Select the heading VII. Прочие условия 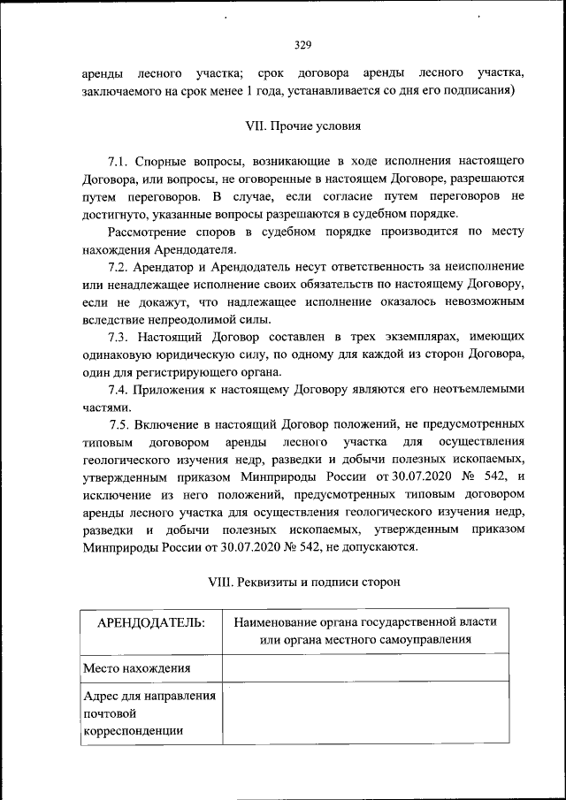[302, 126]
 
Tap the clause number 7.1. [119, 162]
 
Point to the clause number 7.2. [119, 266]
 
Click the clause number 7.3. [119, 337]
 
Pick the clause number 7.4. [119, 390]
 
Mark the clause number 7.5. [119, 424]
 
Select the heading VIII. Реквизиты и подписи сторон [302, 583]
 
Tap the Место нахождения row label [137, 668]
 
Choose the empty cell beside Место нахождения [364, 668]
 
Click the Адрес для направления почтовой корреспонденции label [150, 713]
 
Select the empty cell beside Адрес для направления [364, 713]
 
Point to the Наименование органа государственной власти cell [364, 630]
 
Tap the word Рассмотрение [149, 232]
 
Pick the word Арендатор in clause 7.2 [164, 266]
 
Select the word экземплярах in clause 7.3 [415, 337]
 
